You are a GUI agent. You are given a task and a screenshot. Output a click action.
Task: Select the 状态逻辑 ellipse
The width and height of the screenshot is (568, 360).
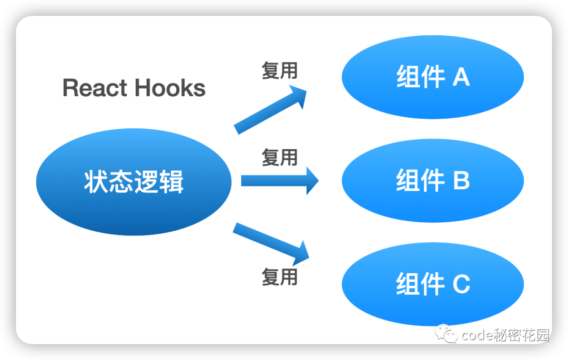tap(134, 182)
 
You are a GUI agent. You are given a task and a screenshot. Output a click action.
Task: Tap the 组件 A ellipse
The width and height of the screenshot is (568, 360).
tap(432, 77)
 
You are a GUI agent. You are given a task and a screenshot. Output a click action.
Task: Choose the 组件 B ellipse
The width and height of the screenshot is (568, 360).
tap(432, 181)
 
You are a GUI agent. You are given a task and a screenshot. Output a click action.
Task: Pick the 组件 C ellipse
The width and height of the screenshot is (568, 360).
tap(432, 284)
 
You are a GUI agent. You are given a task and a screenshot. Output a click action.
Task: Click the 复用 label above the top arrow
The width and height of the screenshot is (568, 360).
tap(279, 70)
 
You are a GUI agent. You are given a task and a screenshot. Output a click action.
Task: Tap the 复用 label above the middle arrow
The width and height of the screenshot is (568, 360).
tap(279, 157)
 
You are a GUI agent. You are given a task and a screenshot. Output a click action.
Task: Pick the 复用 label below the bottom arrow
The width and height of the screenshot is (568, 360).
tap(279, 276)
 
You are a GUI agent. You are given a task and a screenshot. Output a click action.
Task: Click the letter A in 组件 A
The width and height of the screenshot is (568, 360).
tap(461, 77)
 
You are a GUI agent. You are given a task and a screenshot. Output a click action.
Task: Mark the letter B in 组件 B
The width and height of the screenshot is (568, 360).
tap(461, 181)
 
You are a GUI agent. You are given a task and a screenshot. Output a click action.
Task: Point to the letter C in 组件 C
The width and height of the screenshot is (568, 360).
tap(461, 284)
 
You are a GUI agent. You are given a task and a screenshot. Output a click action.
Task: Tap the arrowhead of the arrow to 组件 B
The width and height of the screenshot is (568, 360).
tap(312, 181)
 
